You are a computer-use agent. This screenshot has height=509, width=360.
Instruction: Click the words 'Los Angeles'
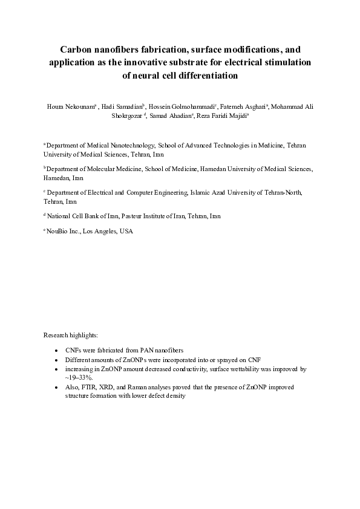tap(100, 231)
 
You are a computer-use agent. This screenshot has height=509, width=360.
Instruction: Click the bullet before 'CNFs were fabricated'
tap(56, 350)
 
